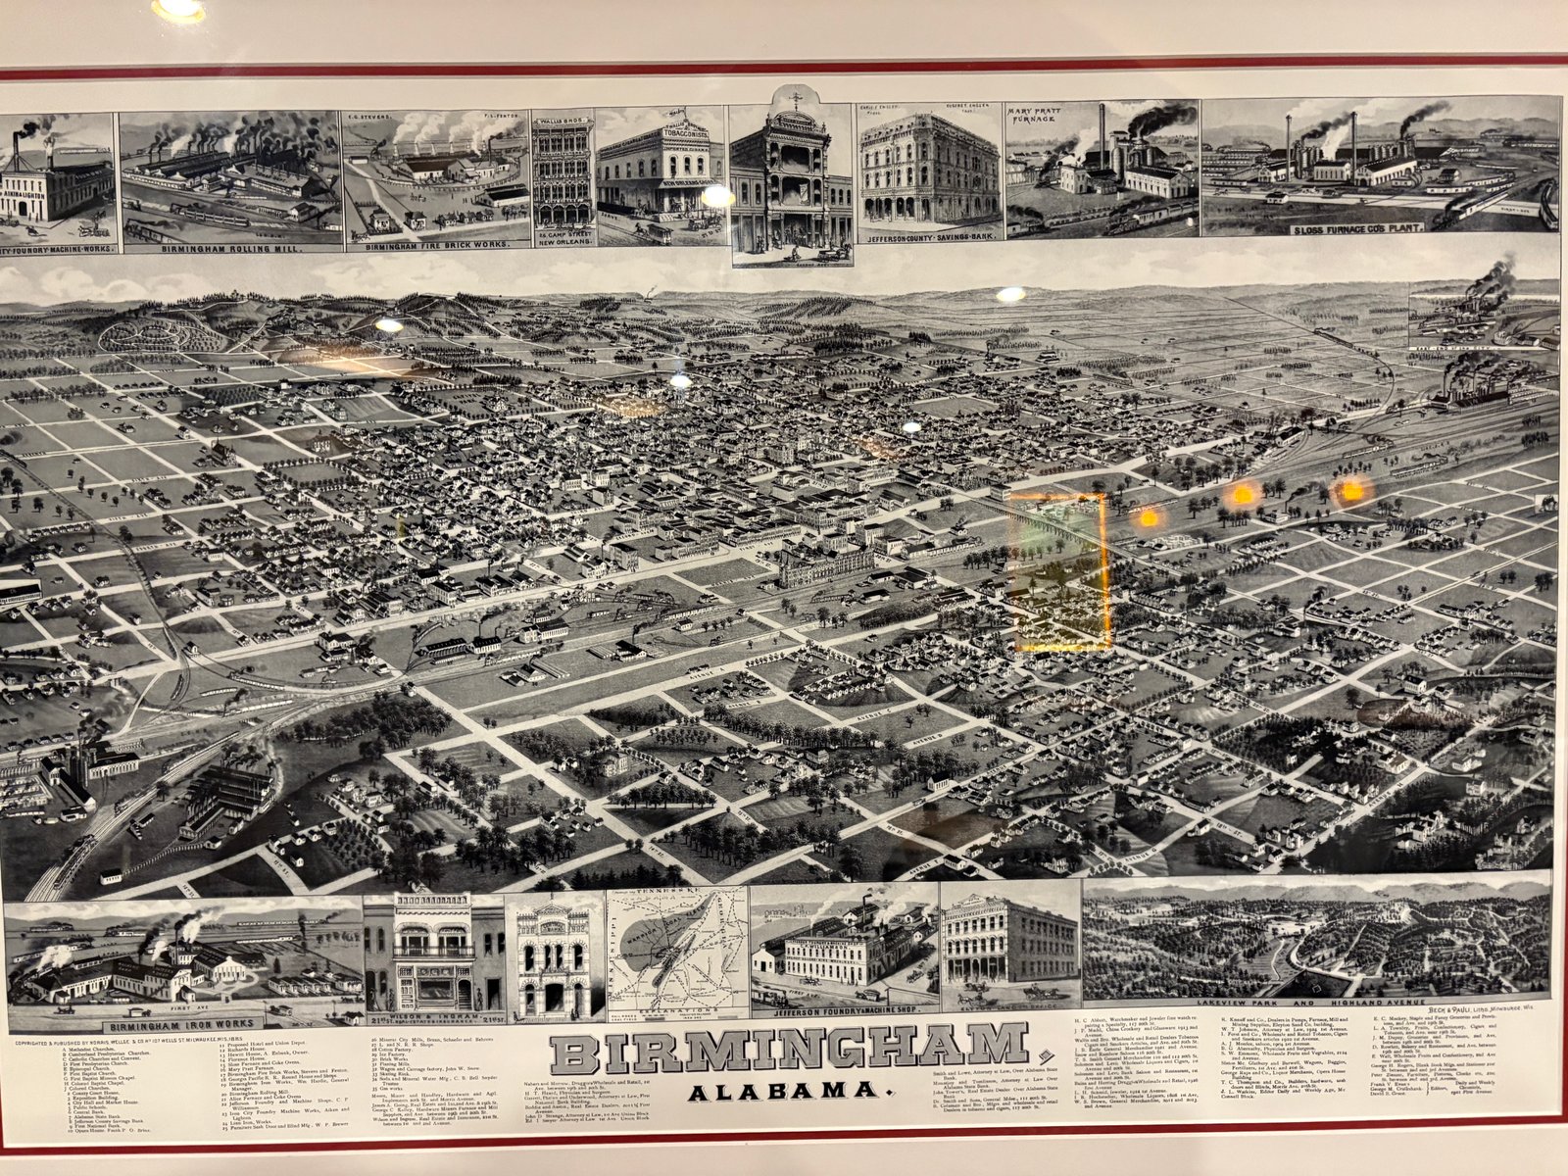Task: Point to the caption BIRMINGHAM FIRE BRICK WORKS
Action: click(437, 246)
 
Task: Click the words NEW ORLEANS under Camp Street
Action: click(563, 245)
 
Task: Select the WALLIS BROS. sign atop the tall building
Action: click(563, 123)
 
